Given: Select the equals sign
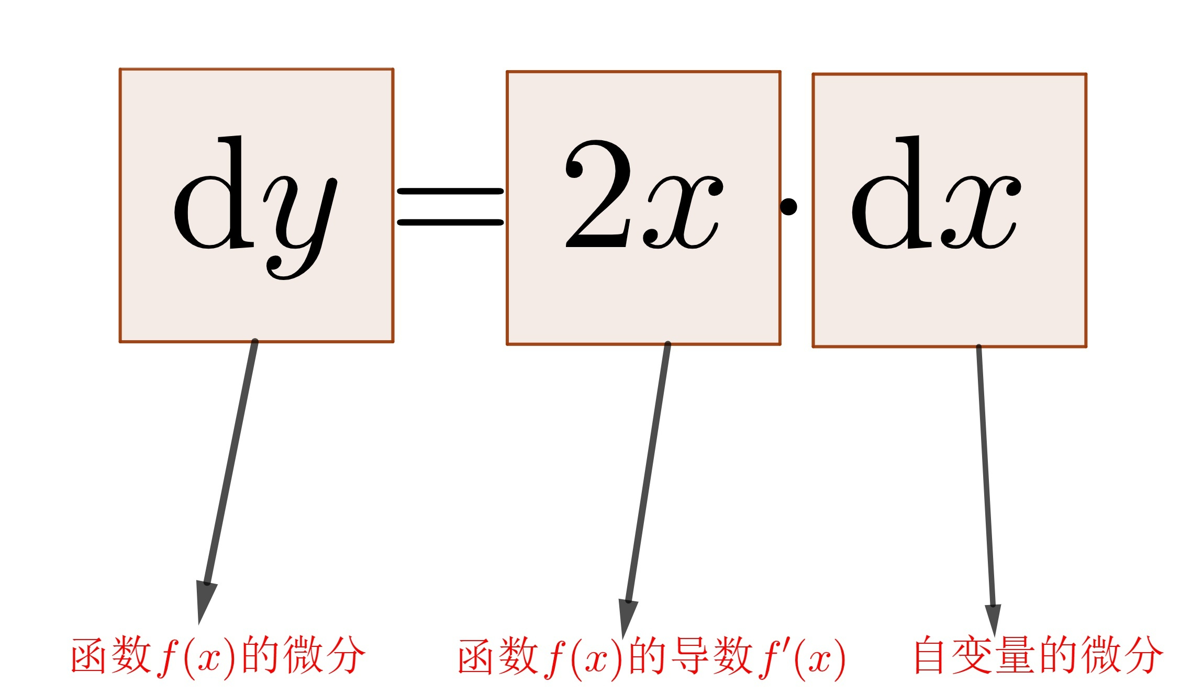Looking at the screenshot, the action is pos(450,207).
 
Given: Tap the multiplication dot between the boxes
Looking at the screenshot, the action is pos(788,206).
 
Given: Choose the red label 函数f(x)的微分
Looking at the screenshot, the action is pos(218,656).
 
